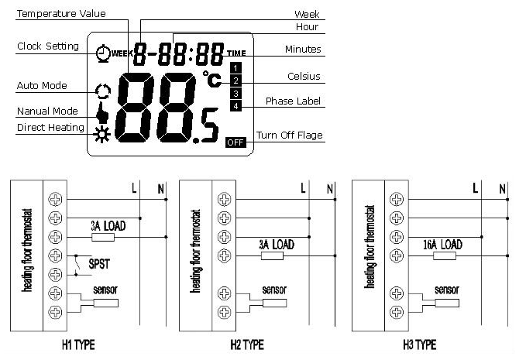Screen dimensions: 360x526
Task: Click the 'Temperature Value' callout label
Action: point(61,13)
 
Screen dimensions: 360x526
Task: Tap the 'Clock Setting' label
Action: point(48,46)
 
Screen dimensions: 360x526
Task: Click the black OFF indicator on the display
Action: point(235,142)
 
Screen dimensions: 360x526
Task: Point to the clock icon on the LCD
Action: point(102,53)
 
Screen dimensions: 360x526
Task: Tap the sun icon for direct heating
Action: point(100,138)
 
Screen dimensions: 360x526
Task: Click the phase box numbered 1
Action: point(235,68)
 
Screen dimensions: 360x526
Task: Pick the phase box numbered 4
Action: point(235,106)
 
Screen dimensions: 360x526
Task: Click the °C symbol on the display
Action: point(211,77)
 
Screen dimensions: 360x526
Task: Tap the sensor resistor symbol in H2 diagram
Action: point(275,303)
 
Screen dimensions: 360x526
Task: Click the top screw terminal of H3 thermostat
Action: point(397,199)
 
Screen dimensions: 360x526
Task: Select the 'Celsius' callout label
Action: point(304,77)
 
